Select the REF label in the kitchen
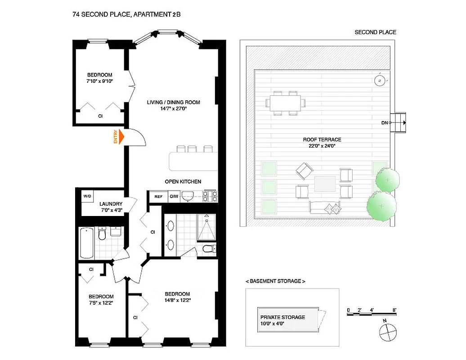(158, 196)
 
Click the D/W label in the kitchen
(174, 196)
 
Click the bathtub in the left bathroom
(87, 243)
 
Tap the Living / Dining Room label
(173, 102)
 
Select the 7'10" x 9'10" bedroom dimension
(100, 81)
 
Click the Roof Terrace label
(322, 139)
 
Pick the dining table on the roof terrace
(287, 103)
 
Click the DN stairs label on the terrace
(384, 122)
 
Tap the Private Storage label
(282, 317)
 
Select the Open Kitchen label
(183, 182)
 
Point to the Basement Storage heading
(275, 281)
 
